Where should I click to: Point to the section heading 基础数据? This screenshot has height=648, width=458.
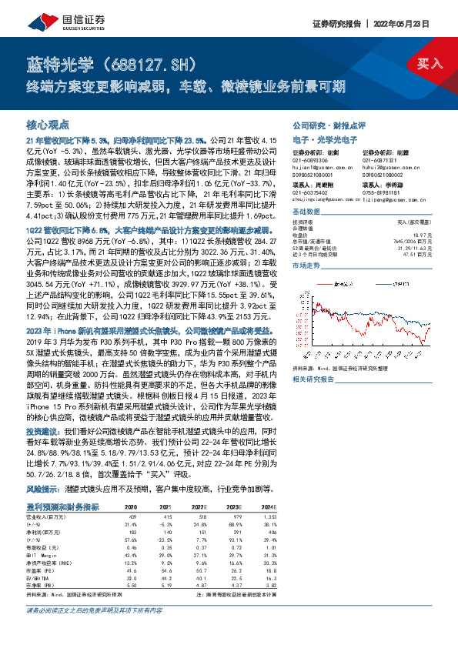pos(306,212)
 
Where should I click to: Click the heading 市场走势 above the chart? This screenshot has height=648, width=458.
pos(306,264)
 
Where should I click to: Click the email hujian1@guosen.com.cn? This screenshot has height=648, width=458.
pos(317,165)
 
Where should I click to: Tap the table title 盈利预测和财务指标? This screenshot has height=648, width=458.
pos(63,507)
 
